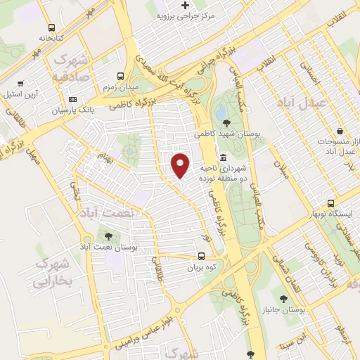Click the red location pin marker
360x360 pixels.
point(181,165)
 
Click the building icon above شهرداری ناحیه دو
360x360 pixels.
point(223,157)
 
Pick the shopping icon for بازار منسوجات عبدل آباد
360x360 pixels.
point(340,131)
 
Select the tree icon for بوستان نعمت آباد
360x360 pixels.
point(108,237)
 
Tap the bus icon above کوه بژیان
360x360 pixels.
point(202,257)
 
